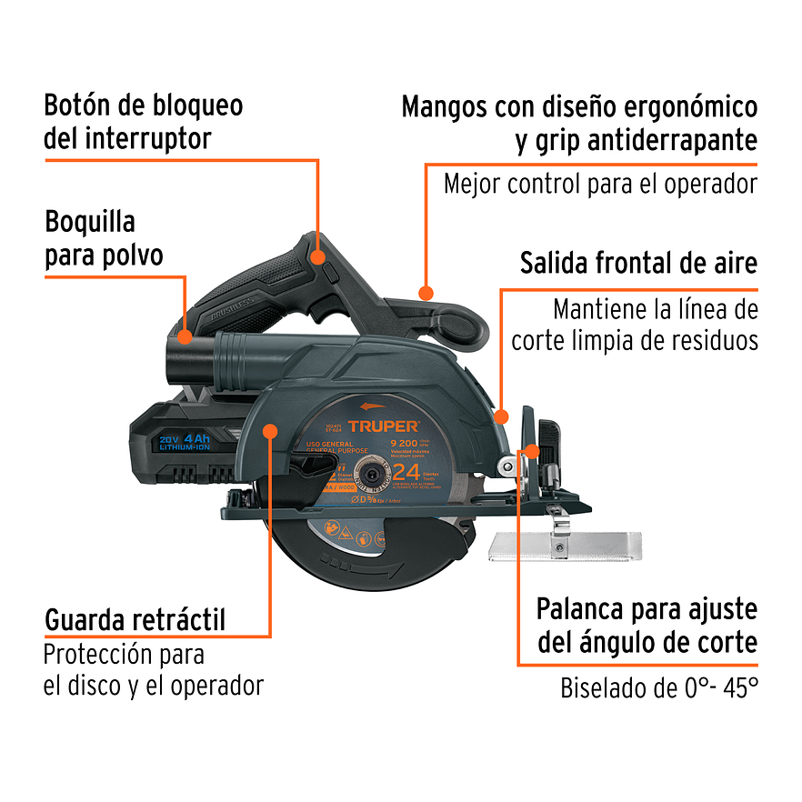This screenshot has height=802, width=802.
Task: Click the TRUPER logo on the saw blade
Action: (383, 426)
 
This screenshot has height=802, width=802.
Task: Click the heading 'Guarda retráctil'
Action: (135, 620)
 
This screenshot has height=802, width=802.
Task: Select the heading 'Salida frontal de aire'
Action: (638, 264)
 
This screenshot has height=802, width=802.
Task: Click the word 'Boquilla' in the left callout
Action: (90, 222)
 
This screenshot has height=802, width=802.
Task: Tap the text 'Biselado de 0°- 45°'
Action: (658, 687)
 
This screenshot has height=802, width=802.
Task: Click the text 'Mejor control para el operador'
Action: (600, 184)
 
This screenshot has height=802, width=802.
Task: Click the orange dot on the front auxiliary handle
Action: (425, 291)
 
